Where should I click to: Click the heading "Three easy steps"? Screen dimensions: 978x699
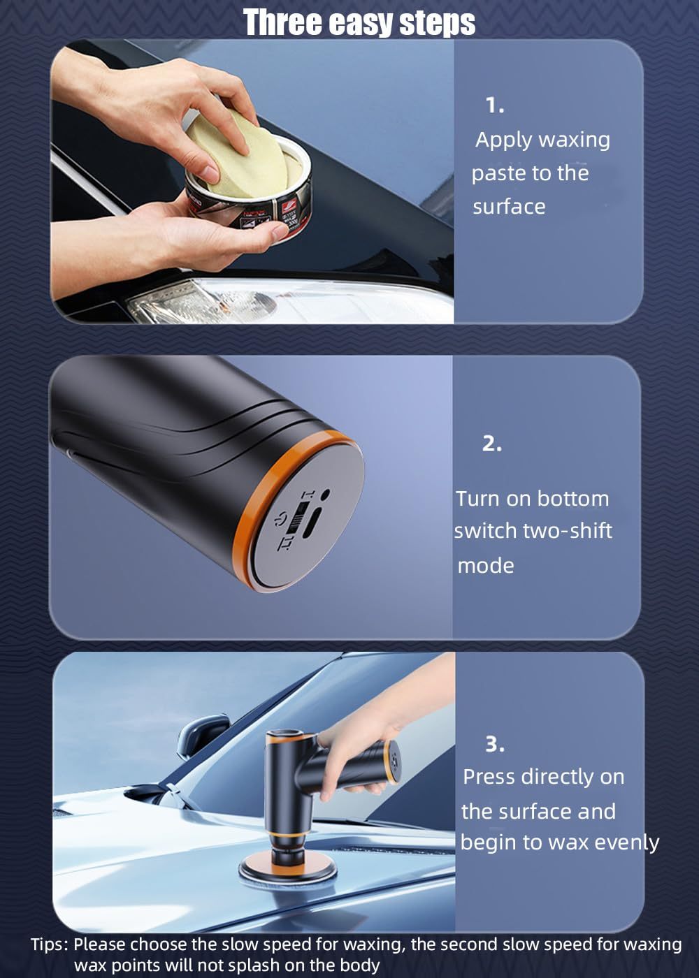pyautogui.click(x=359, y=22)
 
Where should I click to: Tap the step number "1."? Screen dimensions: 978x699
pyautogui.click(x=495, y=105)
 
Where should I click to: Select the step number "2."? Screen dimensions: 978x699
pyautogui.click(x=492, y=444)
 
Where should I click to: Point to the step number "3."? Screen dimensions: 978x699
pyautogui.click(x=495, y=745)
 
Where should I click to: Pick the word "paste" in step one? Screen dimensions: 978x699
pyautogui.click(x=498, y=173)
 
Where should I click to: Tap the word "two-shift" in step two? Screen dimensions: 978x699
pyautogui.click(x=567, y=531)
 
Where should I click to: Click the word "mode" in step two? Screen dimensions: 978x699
pyautogui.click(x=485, y=565)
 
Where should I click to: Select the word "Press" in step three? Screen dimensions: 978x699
pyautogui.click(x=489, y=777)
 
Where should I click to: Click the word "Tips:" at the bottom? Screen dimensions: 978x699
pyautogui.click(x=50, y=944)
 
